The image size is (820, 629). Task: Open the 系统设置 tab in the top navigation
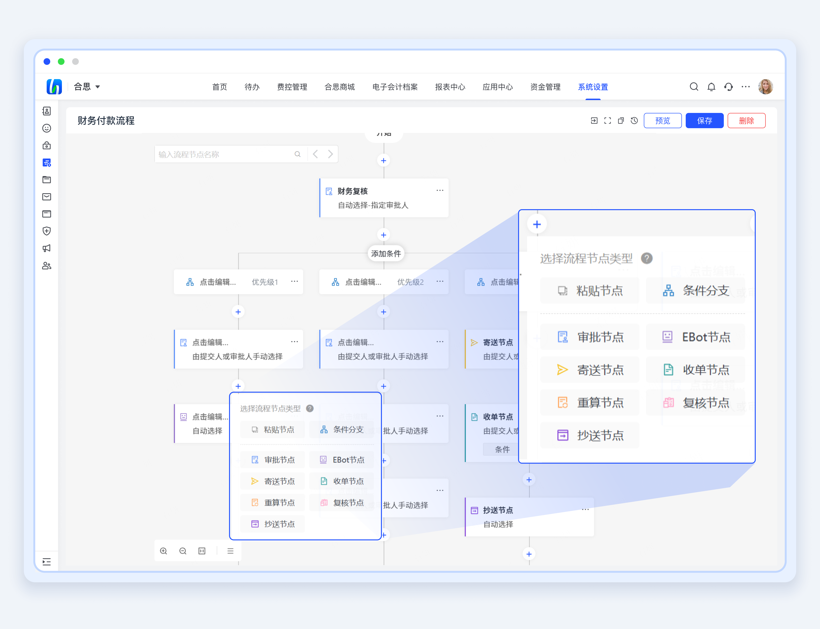click(593, 87)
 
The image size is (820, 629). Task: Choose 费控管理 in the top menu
click(292, 87)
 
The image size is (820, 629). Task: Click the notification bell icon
click(711, 87)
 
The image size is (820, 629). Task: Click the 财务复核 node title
click(352, 191)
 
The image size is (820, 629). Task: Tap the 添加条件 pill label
click(386, 254)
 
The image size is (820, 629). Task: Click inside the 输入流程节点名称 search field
click(225, 154)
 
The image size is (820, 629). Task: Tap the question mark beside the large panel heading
click(646, 258)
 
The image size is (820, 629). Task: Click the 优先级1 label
click(265, 282)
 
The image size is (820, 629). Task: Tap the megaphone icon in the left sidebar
click(47, 248)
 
